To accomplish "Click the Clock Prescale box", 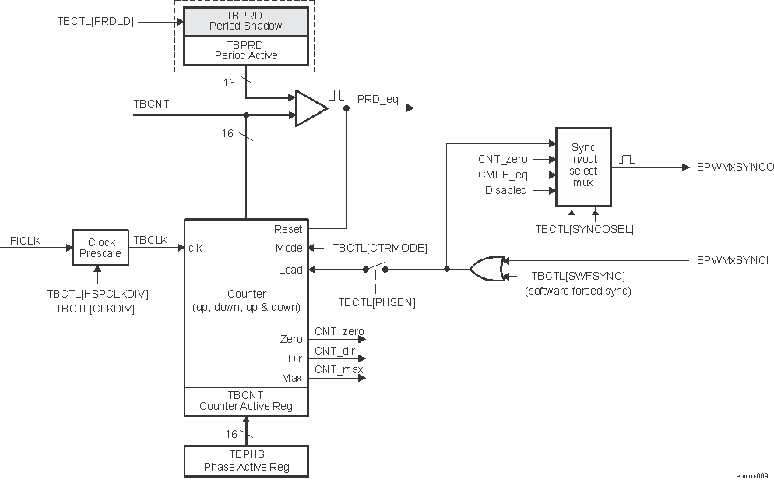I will (x=101, y=248).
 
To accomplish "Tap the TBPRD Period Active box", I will (x=246, y=51).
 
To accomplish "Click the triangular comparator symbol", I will (x=311, y=108).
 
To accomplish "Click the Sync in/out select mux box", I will (x=583, y=166).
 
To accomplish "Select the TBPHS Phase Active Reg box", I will (x=246, y=461).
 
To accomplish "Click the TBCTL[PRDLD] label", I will (x=95, y=22).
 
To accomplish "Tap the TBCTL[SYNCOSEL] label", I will (x=584, y=229).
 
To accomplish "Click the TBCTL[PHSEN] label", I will (x=377, y=302).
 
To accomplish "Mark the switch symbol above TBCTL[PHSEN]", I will (x=376, y=269).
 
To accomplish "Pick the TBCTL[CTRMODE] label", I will (x=380, y=249).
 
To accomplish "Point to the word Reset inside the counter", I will (x=287, y=229).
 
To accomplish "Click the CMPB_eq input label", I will (x=502, y=175).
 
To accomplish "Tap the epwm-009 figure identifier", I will (x=752, y=474).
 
